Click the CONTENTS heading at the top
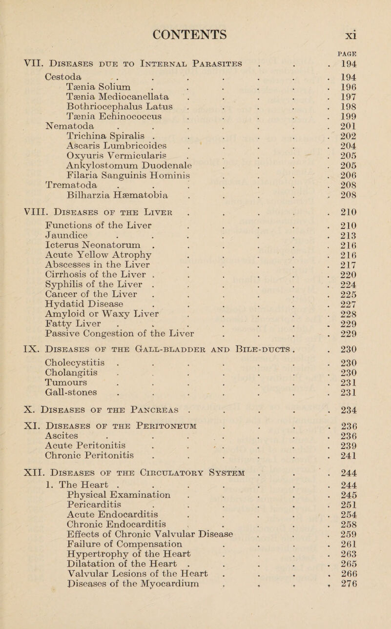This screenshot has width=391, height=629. click(195, 23)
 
